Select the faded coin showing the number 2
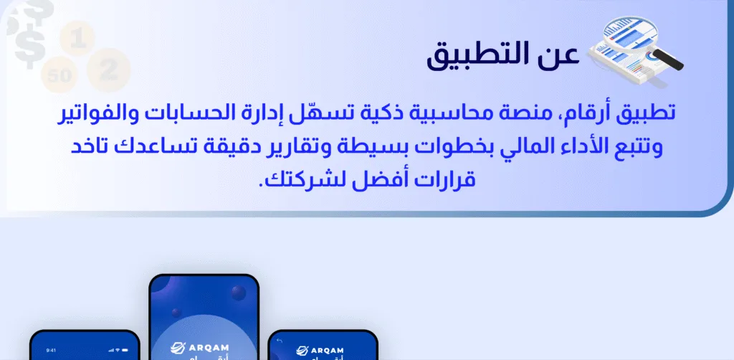[108, 70]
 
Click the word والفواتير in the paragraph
[99, 113]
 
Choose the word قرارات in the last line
[446, 181]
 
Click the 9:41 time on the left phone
[50, 351]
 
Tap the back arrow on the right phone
[280, 341]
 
